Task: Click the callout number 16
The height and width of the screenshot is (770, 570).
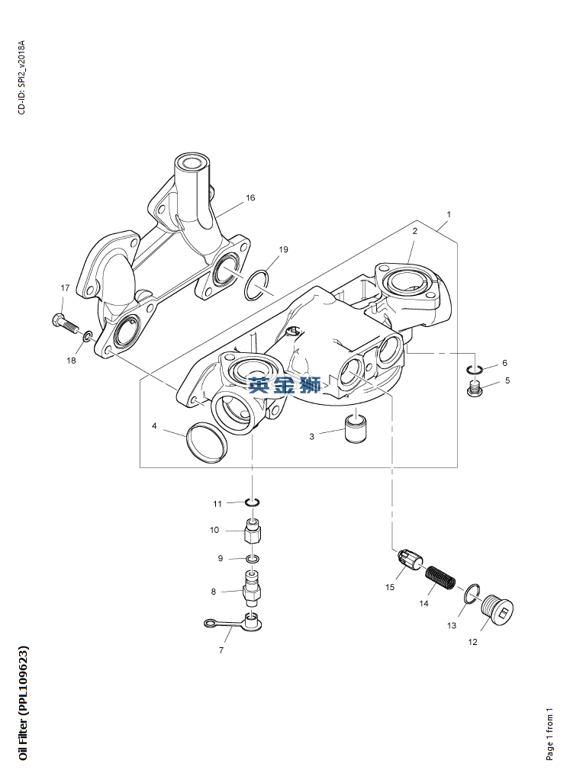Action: [250, 198]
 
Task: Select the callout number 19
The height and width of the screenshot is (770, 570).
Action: [283, 249]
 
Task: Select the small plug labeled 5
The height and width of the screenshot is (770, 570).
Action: [475, 390]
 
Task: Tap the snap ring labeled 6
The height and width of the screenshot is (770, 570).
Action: [475, 371]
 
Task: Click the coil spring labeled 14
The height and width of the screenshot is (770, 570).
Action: [440, 580]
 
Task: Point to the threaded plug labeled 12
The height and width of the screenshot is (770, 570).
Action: [499, 611]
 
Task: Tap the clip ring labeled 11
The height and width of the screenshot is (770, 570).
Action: [253, 501]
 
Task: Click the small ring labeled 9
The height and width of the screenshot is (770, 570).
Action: [253, 559]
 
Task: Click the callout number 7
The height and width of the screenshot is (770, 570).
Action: [221, 650]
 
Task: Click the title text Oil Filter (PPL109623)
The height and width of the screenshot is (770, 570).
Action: [24, 703]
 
